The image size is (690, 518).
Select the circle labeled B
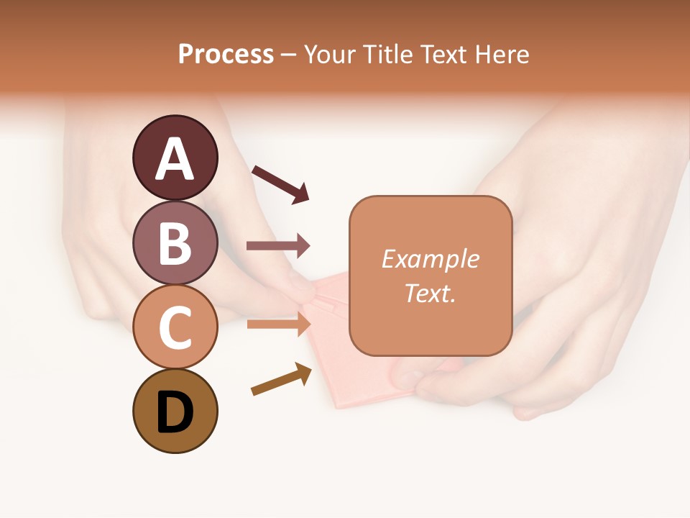coord(175,242)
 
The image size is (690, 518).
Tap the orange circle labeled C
coord(175,327)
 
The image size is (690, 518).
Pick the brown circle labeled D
coord(175,411)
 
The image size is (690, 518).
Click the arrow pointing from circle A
coord(280,183)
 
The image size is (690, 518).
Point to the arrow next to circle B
coord(278,246)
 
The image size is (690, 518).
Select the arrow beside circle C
coord(278,324)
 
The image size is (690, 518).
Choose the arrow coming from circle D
coord(281,379)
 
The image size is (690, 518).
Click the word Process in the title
coord(226,54)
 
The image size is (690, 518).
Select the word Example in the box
coord(430,259)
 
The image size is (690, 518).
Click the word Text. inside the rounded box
coord(430,293)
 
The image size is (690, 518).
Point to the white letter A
coord(175,158)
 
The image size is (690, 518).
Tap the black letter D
coord(175,413)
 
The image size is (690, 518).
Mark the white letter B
coord(175,243)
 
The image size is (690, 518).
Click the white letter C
coord(175,328)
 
